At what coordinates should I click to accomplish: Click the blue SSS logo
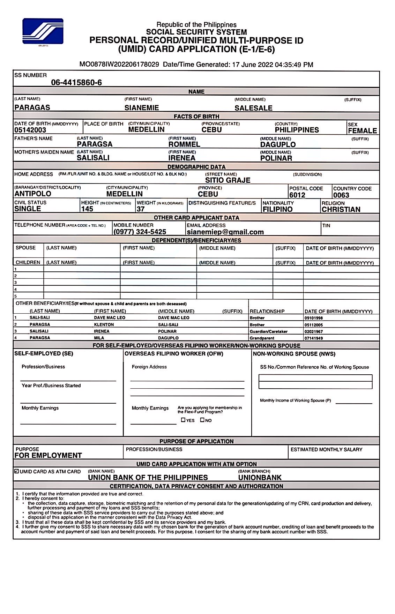point(43,31)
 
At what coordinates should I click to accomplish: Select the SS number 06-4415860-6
point(76,83)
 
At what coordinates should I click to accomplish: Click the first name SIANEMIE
point(142,108)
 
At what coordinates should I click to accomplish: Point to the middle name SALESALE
point(253,108)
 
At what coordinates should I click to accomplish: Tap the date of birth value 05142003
point(30,130)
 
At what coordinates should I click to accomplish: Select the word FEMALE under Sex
point(363,131)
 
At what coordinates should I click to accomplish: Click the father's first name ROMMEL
point(184,144)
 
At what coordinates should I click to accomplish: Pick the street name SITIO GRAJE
point(228,180)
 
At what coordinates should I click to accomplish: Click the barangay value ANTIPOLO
point(33,194)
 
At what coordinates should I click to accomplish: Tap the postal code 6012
point(297,195)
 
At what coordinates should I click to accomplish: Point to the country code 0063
point(341,195)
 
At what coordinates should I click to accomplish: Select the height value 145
point(87,209)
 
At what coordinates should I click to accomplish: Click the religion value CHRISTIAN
point(341,209)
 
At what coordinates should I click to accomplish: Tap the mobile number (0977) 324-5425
point(140,232)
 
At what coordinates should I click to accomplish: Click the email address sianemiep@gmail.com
point(225,232)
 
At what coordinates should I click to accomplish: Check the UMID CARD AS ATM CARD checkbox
point(17,471)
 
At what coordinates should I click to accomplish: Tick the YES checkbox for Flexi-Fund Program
point(183,420)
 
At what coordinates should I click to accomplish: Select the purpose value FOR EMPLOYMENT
point(48,455)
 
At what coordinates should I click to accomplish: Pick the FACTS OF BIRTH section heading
point(196,117)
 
